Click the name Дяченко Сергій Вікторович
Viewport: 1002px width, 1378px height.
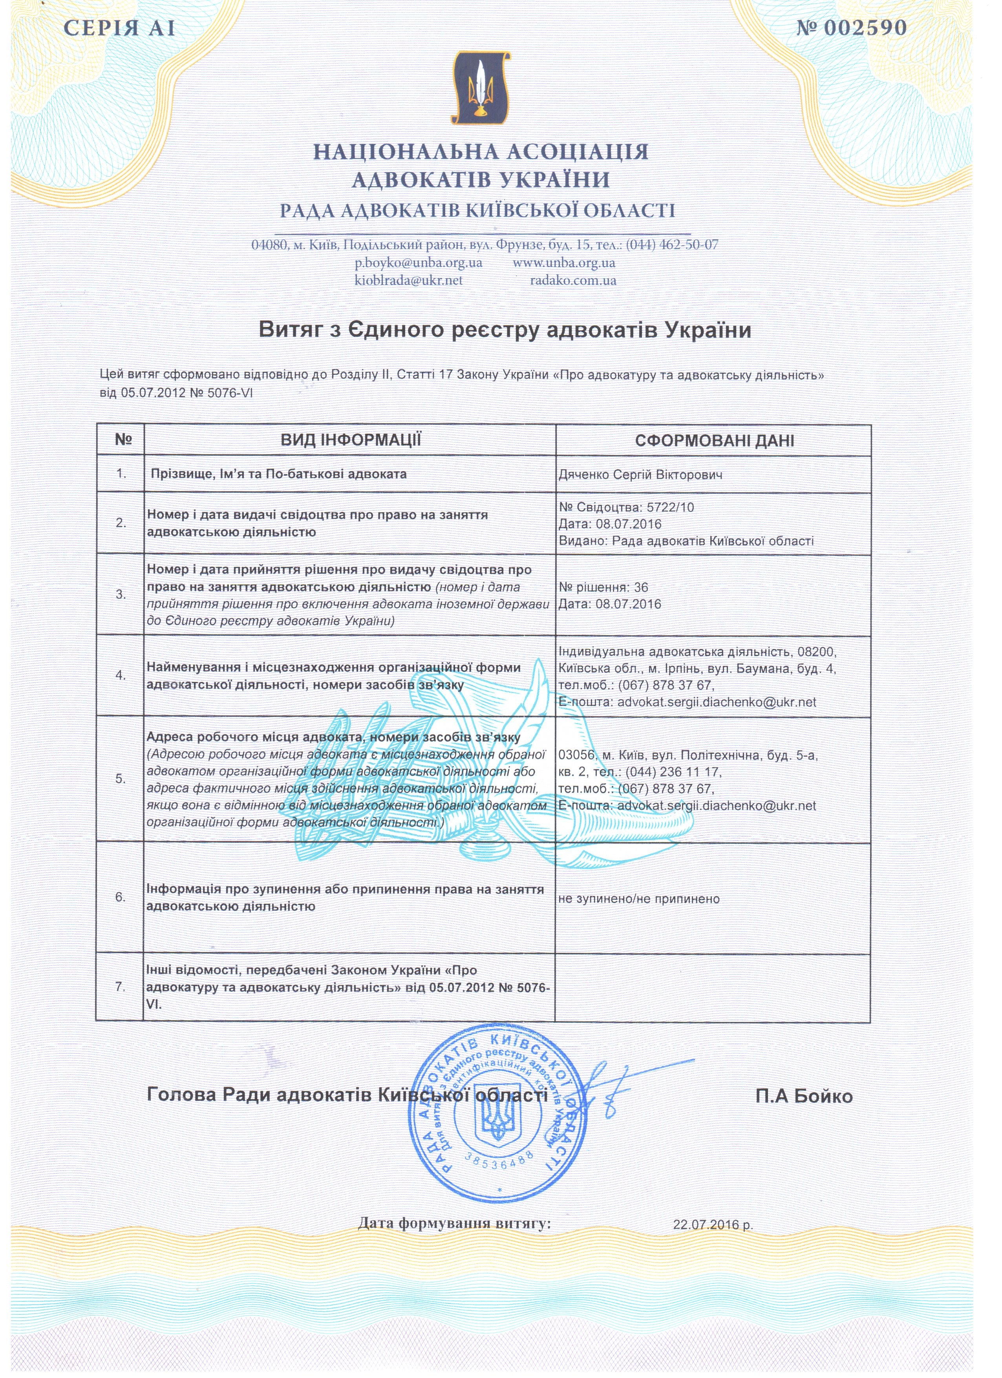tap(640, 475)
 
